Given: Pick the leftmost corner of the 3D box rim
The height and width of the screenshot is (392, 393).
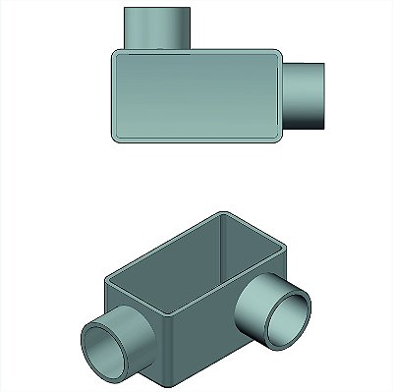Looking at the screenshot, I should pos(103,279).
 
